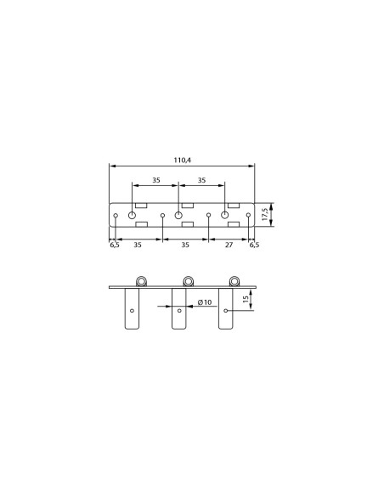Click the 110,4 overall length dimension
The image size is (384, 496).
pos(183,160)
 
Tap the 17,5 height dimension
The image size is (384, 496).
pos(265,215)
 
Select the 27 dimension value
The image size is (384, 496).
pos(229,245)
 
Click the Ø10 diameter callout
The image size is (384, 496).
pos(205,302)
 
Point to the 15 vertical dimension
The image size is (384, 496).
pos(246,299)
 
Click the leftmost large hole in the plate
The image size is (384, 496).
pos(133,216)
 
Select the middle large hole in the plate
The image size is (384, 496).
pos(178,216)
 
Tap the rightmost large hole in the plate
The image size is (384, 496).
pos(224,215)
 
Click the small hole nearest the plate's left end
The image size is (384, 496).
pos(116,216)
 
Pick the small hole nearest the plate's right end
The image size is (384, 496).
pos(248,215)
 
